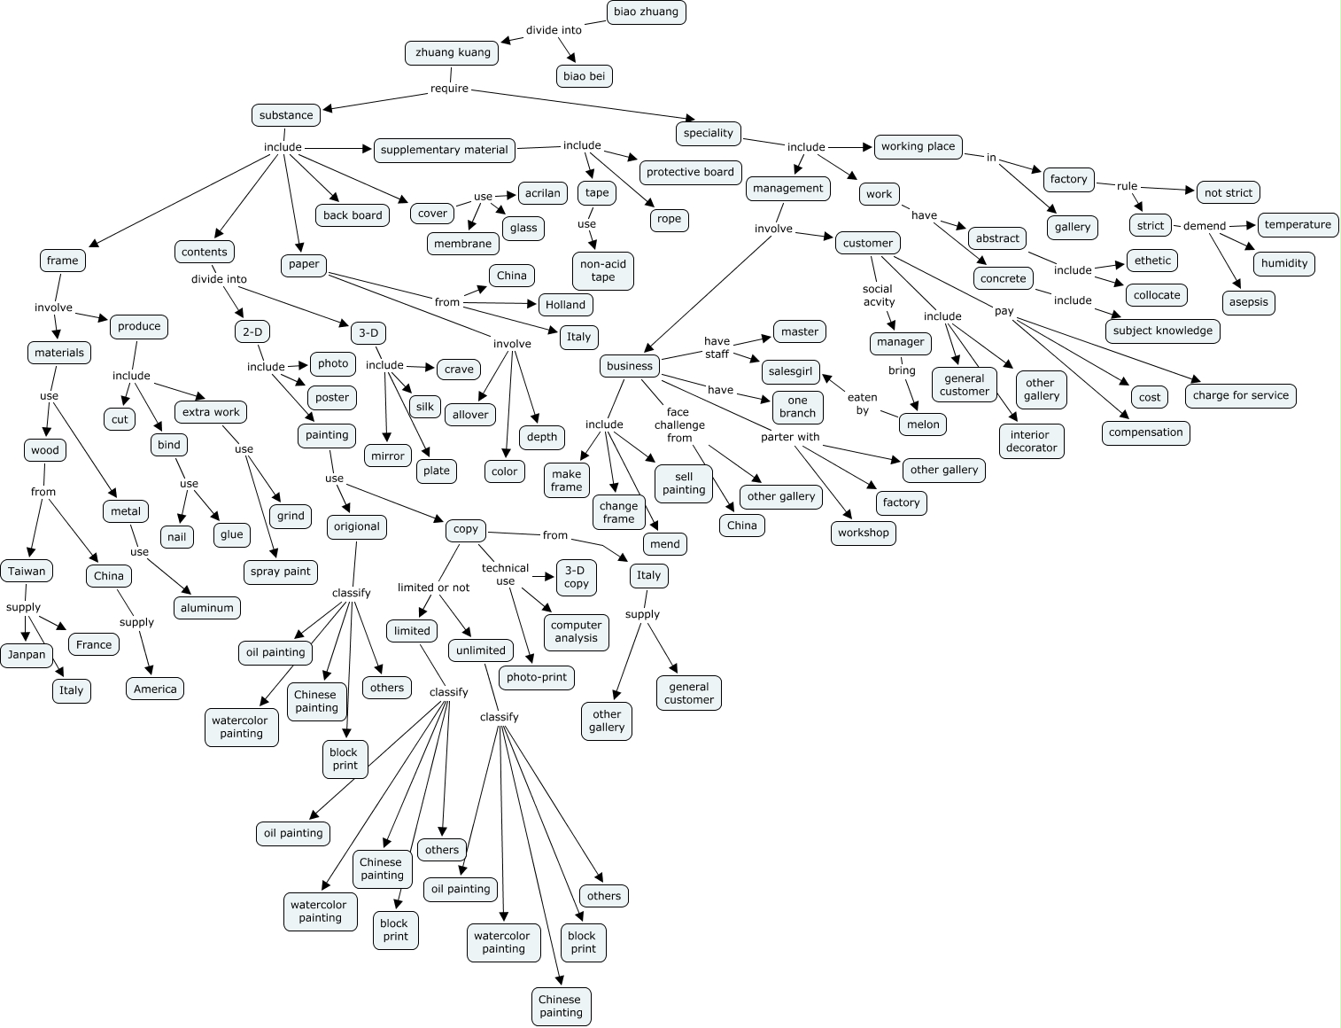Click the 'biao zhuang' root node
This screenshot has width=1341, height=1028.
(x=646, y=12)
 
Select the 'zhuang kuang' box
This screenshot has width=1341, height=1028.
(x=452, y=52)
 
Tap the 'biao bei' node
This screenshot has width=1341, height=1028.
(x=584, y=76)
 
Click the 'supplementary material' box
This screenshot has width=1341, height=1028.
(x=445, y=150)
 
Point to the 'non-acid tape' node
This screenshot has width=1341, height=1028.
(x=603, y=270)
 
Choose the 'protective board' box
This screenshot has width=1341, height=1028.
(x=690, y=172)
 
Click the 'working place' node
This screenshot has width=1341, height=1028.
(x=918, y=146)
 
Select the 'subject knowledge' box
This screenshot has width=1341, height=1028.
(x=1163, y=331)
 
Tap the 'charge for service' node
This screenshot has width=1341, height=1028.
(x=1240, y=396)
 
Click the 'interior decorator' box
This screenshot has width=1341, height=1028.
(x=1032, y=440)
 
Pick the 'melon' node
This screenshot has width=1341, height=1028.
(x=923, y=424)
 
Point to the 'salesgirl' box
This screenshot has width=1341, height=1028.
(x=791, y=371)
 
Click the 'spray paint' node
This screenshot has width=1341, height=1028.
(x=280, y=572)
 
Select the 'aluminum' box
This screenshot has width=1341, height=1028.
(x=206, y=608)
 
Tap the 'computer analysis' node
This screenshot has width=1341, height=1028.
(x=576, y=632)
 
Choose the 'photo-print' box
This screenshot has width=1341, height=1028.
(x=536, y=677)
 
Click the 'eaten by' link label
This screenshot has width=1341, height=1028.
(x=862, y=404)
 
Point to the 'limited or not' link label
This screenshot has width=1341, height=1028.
(x=433, y=588)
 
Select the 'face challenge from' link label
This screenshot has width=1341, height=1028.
(x=678, y=424)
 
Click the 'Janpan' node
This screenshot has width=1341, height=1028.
(x=27, y=654)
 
